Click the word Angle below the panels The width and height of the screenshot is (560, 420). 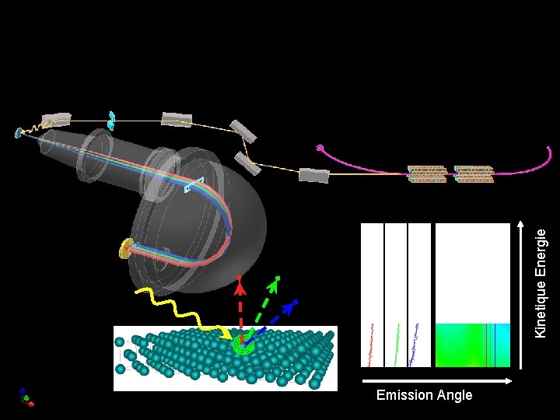click(x=453, y=395)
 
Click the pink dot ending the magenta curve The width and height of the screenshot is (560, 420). click(x=320, y=148)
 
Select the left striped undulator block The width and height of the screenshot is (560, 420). click(x=427, y=174)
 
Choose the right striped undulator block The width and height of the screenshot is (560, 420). click(x=474, y=174)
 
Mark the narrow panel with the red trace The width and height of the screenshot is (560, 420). click(x=373, y=295)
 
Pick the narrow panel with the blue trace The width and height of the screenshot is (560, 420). click(x=419, y=295)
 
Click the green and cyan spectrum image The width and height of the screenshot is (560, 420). click(x=473, y=345)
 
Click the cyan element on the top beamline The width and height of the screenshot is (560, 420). click(x=112, y=119)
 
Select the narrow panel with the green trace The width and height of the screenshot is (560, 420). click(x=396, y=295)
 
